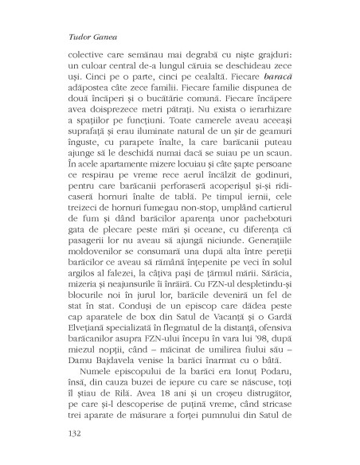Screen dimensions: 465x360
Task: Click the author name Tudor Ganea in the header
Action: click(77, 37)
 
